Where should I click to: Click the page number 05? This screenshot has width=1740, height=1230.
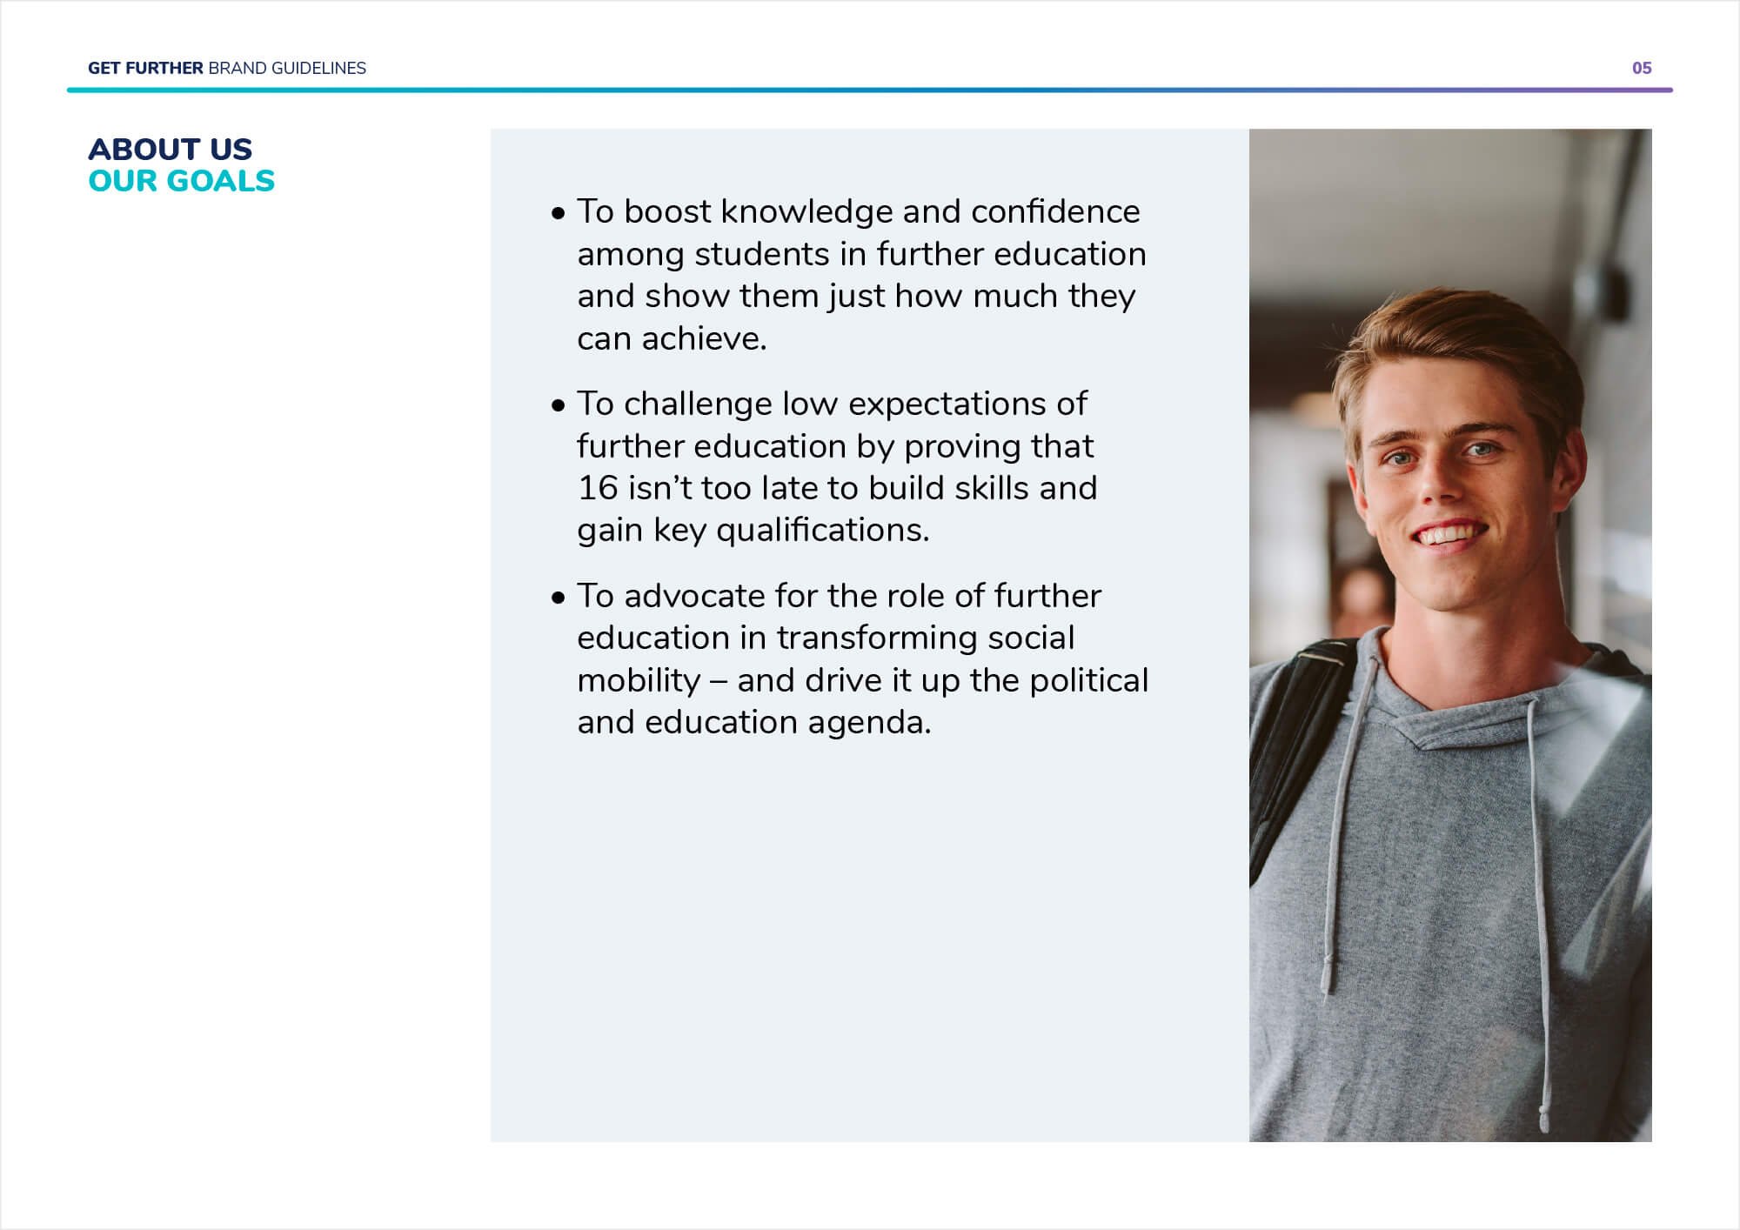tap(1641, 68)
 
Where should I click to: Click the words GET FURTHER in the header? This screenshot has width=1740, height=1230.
tap(145, 68)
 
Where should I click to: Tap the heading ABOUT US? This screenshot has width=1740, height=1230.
tap(170, 149)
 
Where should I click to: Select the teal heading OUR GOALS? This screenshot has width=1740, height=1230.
tap(181, 181)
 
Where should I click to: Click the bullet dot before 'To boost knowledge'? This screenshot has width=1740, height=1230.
tap(558, 213)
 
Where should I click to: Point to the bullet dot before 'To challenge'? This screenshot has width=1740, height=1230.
tap(558, 405)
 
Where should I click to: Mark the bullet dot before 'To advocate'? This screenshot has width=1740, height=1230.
tap(558, 598)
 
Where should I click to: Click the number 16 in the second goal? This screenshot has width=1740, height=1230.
tap(598, 488)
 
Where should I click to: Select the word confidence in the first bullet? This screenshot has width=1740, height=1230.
tap(1054, 211)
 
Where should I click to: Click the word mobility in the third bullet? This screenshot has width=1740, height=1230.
tap(638, 680)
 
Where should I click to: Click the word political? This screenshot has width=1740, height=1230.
tap(1088, 680)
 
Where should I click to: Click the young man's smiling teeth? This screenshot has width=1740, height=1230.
tap(1449, 532)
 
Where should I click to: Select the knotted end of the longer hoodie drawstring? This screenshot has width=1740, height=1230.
tap(1544, 1117)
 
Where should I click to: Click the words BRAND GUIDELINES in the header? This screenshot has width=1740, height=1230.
tap(287, 68)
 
